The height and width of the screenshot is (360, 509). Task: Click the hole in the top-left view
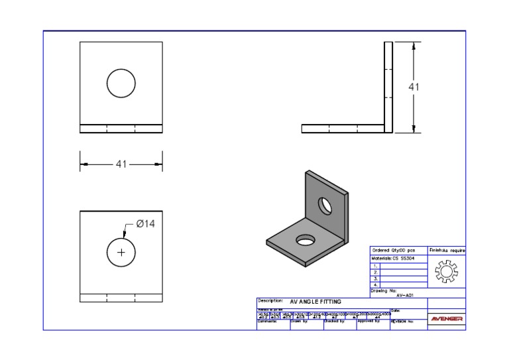click(121, 83)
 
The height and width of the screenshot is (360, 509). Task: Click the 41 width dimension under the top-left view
click(121, 164)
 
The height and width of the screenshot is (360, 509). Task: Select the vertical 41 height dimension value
click(414, 87)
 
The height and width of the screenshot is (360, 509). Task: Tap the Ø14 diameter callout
click(145, 224)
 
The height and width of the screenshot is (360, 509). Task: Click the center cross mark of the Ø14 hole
click(121, 253)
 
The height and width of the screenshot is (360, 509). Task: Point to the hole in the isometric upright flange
click(325, 206)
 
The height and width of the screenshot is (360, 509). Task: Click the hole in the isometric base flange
click(306, 239)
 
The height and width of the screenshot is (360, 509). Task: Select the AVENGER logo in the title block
click(447, 319)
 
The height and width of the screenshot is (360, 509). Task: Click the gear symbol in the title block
click(446, 272)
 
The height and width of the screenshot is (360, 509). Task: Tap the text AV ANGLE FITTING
click(315, 302)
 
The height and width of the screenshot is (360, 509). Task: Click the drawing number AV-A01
click(405, 295)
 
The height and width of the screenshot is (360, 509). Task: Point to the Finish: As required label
click(447, 250)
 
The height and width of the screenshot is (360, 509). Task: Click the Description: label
click(270, 301)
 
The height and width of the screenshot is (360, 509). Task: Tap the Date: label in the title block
click(396, 310)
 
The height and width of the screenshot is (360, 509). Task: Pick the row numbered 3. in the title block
click(376, 278)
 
